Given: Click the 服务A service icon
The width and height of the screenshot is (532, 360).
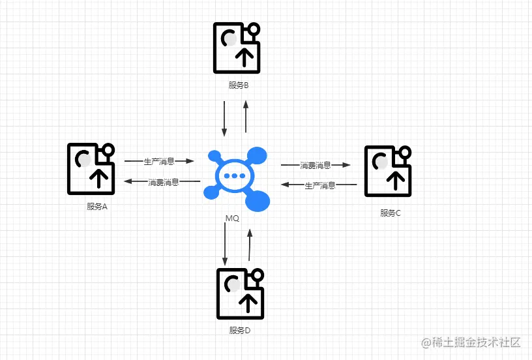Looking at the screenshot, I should (x=91, y=168).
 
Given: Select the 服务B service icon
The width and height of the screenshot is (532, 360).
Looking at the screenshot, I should (x=237, y=48).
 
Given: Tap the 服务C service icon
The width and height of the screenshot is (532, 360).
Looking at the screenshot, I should (x=389, y=170).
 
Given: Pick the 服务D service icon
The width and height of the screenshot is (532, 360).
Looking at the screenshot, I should (x=241, y=293).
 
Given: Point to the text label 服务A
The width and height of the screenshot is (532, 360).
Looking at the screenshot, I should (x=96, y=207).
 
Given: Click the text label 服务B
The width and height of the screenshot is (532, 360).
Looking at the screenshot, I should (x=239, y=85).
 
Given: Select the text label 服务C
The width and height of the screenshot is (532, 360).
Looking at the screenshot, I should (x=391, y=213).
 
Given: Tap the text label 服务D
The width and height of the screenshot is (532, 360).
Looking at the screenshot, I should (x=240, y=331).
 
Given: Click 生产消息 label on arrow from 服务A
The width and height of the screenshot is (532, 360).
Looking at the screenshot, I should (x=159, y=160).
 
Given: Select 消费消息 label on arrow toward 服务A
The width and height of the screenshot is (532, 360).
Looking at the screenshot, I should (x=163, y=181).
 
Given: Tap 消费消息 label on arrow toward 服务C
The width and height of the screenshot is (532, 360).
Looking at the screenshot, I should (x=315, y=166).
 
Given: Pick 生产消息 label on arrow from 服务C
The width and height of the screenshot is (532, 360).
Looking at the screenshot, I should (x=320, y=185).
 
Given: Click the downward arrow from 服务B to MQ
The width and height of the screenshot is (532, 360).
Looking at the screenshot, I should (x=224, y=118).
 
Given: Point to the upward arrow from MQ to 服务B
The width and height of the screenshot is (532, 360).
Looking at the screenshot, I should (x=246, y=118).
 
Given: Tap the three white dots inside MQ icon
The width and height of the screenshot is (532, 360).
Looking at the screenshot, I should (x=231, y=176).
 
